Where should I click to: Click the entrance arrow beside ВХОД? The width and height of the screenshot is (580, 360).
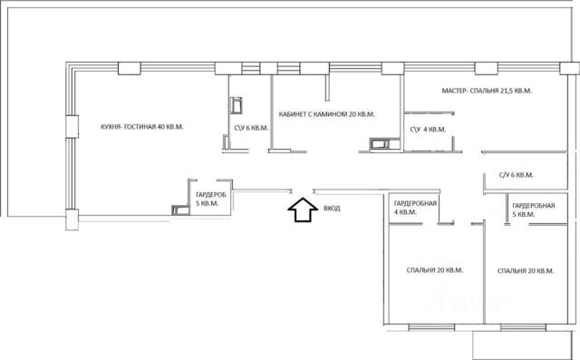303,209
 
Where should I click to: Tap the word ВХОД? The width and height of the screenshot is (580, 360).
332,209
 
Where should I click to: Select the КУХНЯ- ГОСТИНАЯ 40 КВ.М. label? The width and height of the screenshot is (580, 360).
142,127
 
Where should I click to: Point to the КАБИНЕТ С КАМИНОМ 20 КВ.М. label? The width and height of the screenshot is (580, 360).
326,114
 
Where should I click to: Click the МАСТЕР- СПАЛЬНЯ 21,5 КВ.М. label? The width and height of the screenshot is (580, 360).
487,91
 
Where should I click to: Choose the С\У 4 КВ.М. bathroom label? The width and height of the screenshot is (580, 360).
428,130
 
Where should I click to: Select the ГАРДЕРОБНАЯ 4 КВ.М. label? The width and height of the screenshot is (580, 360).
415,208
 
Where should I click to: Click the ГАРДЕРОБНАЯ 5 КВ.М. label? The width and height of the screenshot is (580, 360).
534,209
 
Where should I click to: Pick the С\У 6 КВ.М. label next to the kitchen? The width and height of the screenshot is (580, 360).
251,128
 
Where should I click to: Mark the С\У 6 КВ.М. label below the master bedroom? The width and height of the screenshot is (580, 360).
517,175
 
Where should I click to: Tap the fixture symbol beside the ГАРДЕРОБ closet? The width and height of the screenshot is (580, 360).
180,209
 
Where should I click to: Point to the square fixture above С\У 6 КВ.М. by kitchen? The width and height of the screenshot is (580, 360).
236,105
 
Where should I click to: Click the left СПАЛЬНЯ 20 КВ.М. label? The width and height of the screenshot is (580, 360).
435,270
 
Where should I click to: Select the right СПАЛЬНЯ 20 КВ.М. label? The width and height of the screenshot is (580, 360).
526,271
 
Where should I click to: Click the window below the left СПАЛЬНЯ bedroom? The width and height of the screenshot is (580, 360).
431,327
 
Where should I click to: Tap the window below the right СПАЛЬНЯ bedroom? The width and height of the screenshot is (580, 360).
523,327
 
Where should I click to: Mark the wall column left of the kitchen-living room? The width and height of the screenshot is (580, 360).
72,127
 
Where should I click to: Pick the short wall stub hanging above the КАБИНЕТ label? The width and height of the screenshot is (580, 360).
327,88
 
